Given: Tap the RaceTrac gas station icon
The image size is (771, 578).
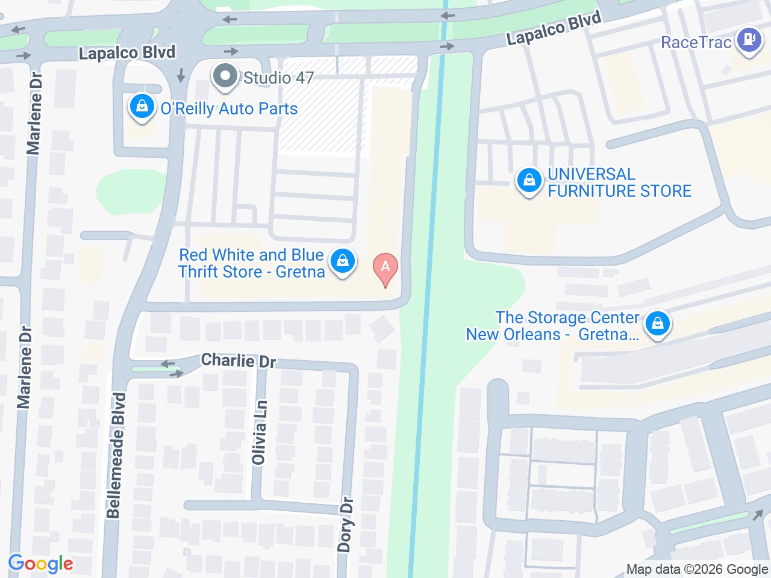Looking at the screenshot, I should [x=749, y=40].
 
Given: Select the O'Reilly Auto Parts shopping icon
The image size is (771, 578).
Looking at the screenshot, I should [x=142, y=107].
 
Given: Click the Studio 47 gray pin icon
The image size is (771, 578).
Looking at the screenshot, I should [x=225, y=76].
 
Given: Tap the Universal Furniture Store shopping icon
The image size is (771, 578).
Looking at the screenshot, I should [x=529, y=181].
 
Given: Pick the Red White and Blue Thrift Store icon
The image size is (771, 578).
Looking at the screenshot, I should [x=342, y=261].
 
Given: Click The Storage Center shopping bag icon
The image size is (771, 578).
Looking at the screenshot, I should [x=657, y=324].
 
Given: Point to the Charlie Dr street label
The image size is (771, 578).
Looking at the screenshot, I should [x=239, y=361].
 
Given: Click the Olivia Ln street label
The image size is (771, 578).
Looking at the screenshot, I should [x=260, y=433].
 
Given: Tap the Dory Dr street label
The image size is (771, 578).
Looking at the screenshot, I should [x=345, y=524].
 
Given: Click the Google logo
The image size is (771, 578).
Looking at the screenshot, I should [x=40, y=564].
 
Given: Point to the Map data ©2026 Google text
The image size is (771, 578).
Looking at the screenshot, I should [x=697, y=570].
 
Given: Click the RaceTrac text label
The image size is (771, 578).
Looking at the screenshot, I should [x=696, y=42].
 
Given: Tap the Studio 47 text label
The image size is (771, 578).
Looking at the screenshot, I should [x=278, y=78].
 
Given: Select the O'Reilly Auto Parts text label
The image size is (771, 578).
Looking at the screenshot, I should [x=229, y=108].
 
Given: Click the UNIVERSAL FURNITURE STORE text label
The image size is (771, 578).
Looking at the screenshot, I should [x=619, y=182].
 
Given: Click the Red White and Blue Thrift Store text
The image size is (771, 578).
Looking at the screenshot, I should [x=252, y=263].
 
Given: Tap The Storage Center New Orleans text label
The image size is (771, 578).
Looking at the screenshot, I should [x=553, y=326].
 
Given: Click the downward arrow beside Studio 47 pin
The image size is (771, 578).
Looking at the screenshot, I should [x=181, y=75].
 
